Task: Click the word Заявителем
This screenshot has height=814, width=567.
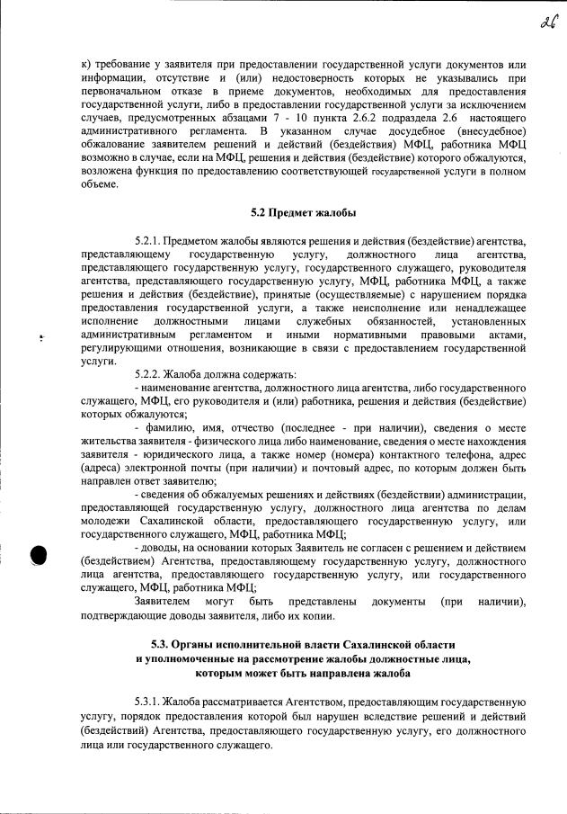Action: click(163, 601)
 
